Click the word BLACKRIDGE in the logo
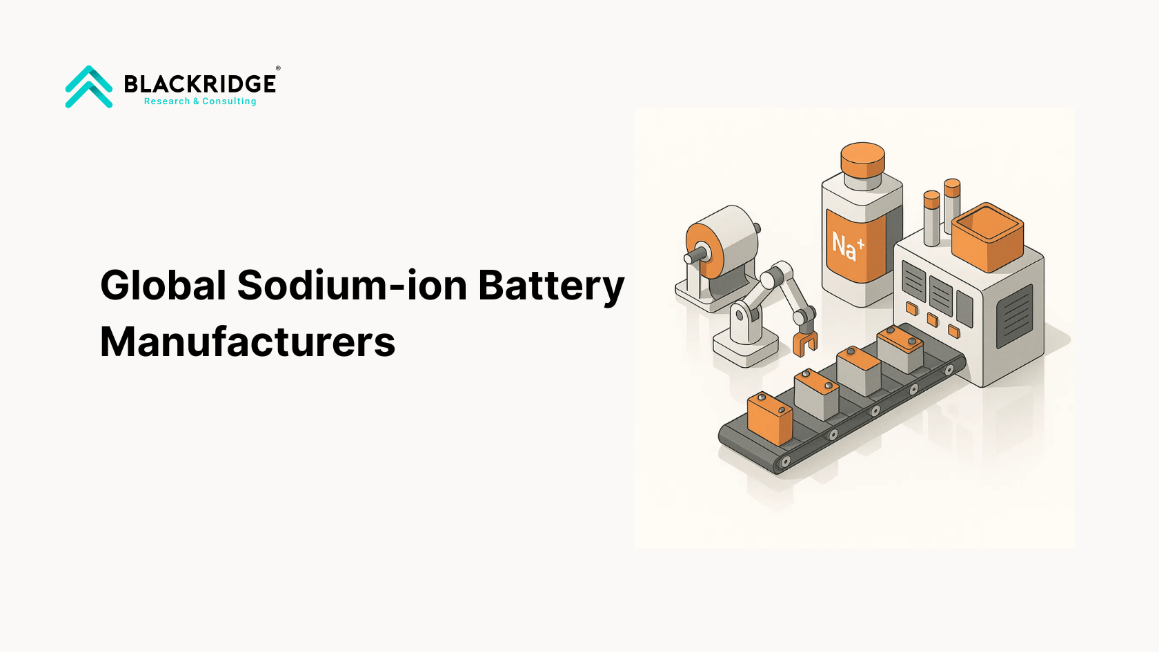click(200, 84)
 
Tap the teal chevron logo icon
click(89, 86)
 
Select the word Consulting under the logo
click(229, 101)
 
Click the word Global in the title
click(163, 285)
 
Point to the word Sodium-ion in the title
click(353, 285)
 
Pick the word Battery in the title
click(552, 286)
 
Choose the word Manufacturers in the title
click(248, 342)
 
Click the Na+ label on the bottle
click(847, 246)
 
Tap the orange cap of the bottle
click(862, 160)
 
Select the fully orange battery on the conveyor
click(770, 419)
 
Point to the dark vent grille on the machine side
click(1015, 316)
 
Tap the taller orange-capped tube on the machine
click(952, 206)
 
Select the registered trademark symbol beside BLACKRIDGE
click(278, 68)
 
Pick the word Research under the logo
click(167, 101)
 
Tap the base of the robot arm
click(746, 350)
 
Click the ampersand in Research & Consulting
click(196, 101)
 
